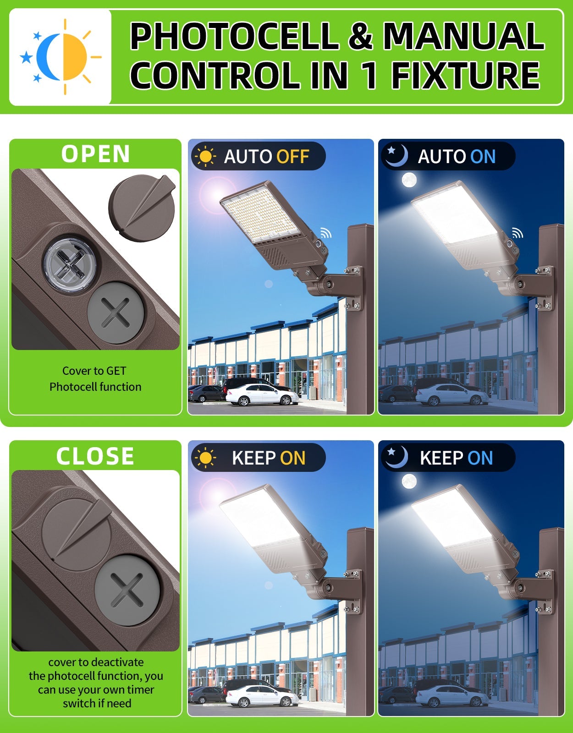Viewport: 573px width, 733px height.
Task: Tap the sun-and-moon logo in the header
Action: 61,57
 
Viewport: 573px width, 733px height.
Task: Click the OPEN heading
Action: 95,154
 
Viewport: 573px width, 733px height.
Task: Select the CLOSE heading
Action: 95,456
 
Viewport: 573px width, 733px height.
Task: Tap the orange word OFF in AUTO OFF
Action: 293,157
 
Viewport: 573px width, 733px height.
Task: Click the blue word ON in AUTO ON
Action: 483,157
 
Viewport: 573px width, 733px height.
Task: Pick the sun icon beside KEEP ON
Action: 205,458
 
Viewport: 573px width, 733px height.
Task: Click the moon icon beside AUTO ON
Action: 396,156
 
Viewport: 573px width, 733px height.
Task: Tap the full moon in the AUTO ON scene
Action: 409,180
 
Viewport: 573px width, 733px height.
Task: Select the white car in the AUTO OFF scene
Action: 261,395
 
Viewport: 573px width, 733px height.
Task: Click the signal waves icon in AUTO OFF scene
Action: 325,233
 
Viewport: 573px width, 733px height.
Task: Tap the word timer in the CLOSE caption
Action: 140,689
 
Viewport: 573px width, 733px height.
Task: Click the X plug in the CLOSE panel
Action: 127,591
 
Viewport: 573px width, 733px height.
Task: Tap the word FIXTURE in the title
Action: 465,76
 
